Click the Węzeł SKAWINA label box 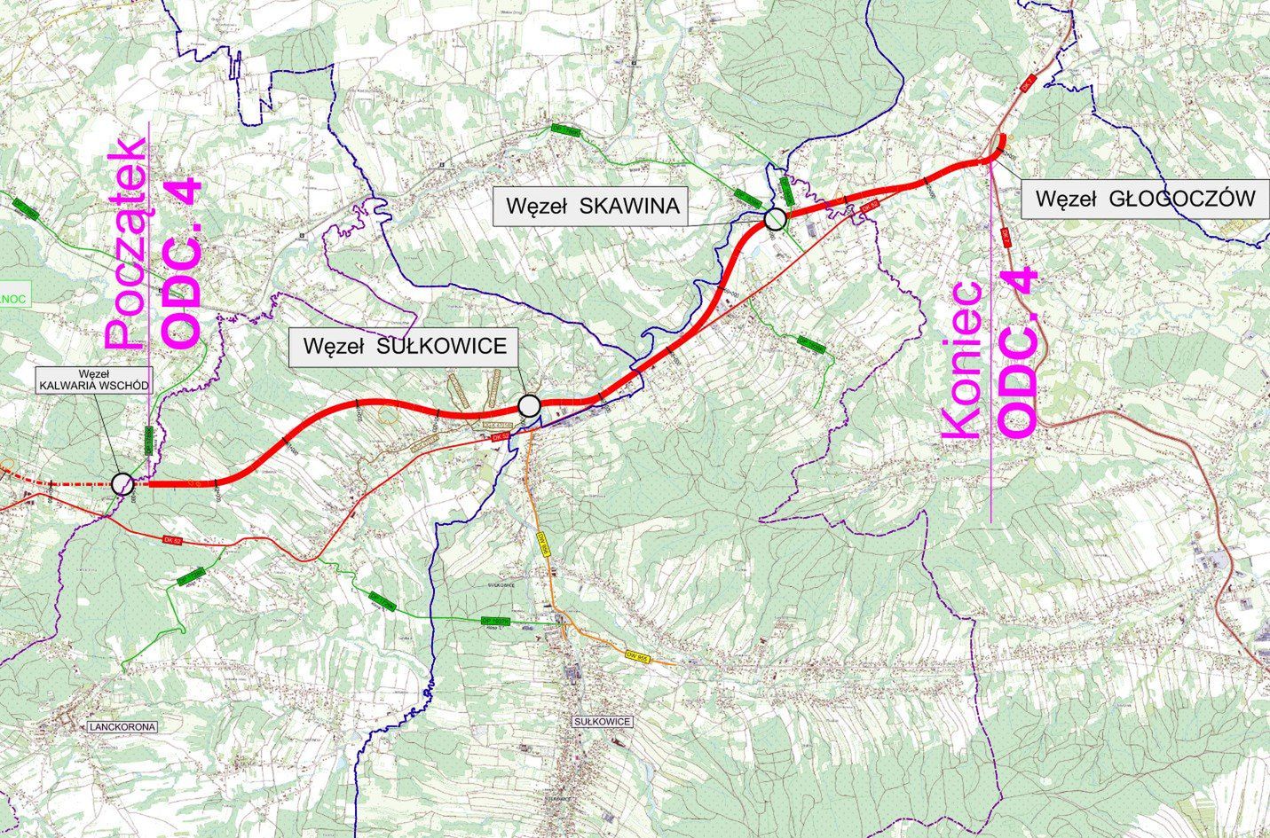[x=592, y=207]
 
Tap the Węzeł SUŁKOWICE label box [x=404, y=346]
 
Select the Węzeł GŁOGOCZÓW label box [x=1145, y=199]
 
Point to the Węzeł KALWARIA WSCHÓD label [x=93, y=380]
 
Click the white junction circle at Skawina [x=775, y=218]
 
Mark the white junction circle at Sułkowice [x=529, y=406]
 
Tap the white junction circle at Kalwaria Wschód [x=122, y=484]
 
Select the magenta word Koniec [x=962, y=359]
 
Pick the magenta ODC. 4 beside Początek [x=182, y=264]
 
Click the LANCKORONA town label [x=122, y=727]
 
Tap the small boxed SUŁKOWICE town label [x=603, y=722]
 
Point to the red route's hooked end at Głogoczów [x=1001, y=144]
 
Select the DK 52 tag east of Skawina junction [x=869, y=207]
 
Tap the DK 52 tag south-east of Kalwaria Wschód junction [x=172, y=539]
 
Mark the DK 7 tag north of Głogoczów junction [x=1028, y=82]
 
